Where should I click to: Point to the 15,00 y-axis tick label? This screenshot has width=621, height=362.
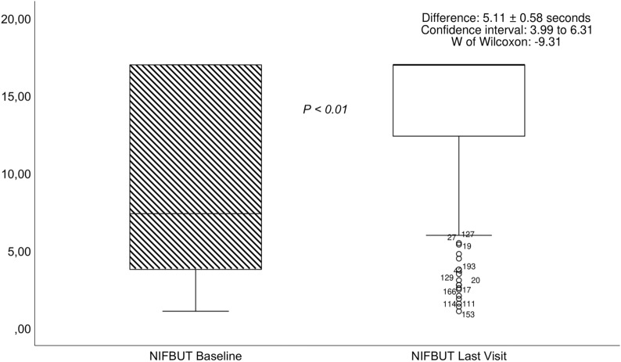click(16, 96)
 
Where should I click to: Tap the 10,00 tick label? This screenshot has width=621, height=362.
click(16, 174)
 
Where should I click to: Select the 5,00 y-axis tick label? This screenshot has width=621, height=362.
click(19, 252)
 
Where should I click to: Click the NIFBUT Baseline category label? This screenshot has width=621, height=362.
click(195, 355)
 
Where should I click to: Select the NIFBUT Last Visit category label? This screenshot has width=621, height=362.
click(458, 355)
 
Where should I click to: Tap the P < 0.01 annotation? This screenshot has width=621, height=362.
click(325, 109)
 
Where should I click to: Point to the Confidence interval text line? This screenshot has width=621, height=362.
click(506, 30)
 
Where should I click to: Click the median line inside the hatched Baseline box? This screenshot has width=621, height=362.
click(195, 213)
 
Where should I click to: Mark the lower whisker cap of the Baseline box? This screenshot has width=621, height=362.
click(195, 311)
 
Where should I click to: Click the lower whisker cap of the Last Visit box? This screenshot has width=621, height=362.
click(458, 235)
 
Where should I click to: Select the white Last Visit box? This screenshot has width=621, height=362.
click(458, 100)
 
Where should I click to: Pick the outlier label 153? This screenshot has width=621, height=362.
click(468, 315)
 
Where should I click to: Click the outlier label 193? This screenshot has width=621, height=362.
click(469, 267)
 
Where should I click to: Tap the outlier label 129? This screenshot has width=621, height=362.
click(447, 278)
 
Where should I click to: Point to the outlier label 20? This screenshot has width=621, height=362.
click(476, 280)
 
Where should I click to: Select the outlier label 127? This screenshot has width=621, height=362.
click(468, 234)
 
